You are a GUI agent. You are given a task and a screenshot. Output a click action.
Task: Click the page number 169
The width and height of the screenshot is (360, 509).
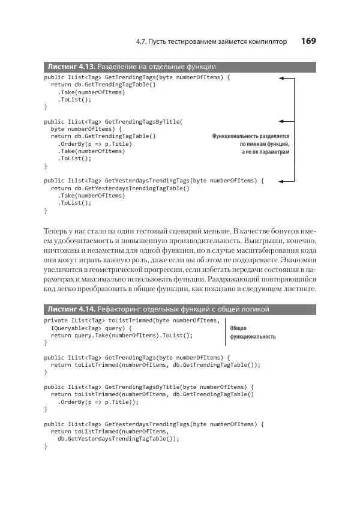click(x=308, y=41)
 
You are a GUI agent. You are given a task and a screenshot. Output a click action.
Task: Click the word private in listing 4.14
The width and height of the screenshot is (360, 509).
click(x=56, y=321)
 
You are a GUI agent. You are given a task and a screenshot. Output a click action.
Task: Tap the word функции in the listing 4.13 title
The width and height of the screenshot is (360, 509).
click(x=200, y=67)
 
